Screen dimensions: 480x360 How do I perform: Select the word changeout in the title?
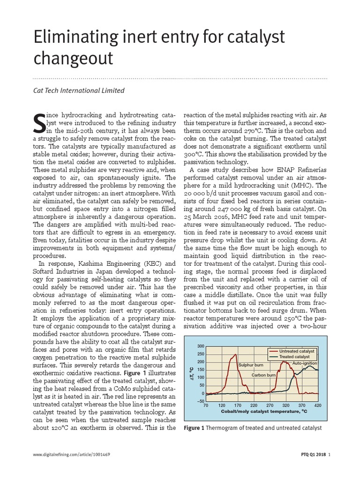pos(73,59)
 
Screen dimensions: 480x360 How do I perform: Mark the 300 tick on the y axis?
pos(201,346)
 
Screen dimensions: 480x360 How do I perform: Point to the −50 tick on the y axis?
pos(200,401)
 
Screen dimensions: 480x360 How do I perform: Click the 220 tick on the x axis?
pos(254,405)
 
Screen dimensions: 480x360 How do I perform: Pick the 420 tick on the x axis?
pos(318,405)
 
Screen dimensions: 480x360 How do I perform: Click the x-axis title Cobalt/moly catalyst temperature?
pos(264,411)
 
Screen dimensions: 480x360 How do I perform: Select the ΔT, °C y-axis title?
pos(192,373)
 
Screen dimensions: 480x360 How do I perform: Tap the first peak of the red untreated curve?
pos(232,355)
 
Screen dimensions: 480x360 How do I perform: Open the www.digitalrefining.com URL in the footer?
pos(72,467)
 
